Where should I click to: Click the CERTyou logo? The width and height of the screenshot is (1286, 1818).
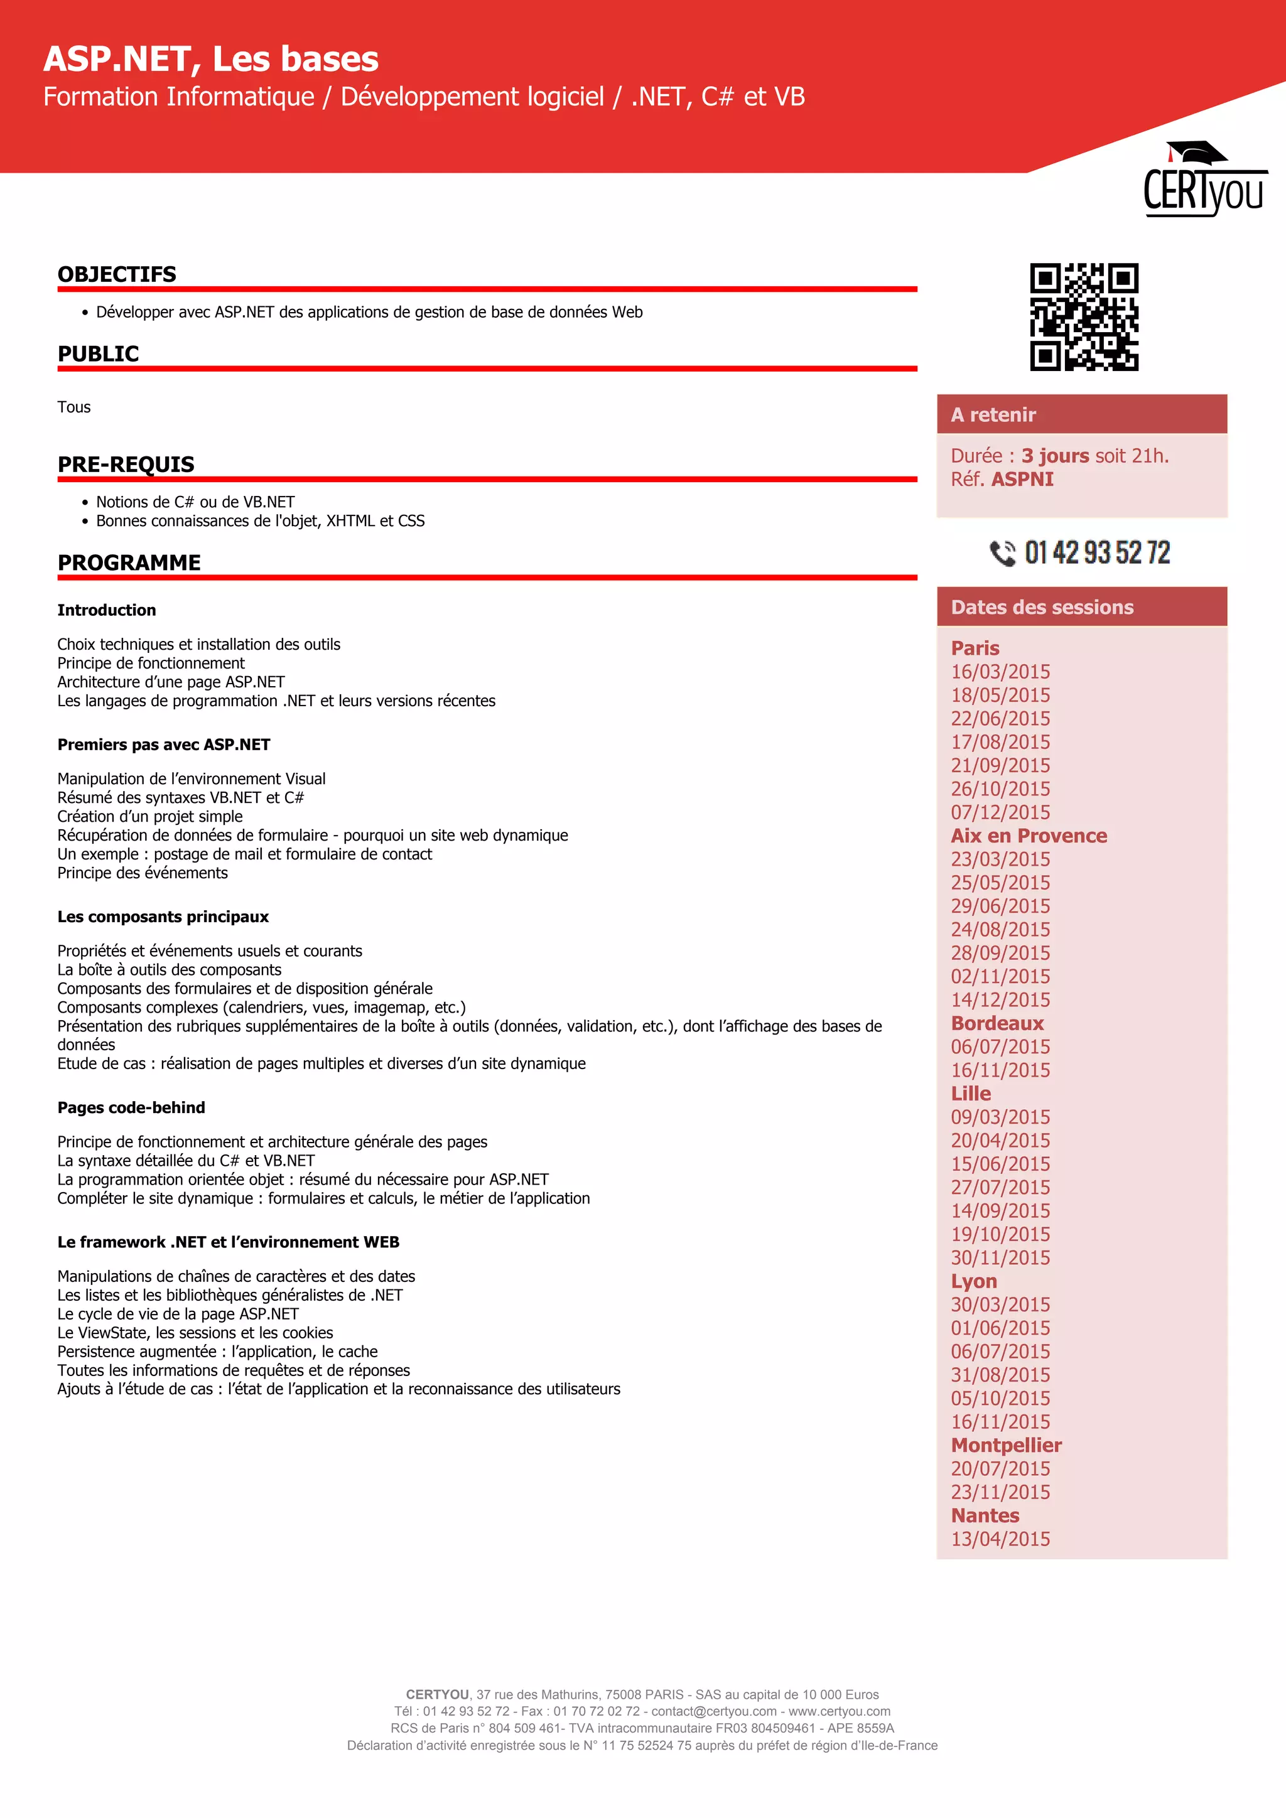(x=1204, y=181)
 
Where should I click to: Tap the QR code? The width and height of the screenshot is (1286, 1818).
(x=1084, y=317)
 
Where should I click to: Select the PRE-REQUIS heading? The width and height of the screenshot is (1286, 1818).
(x=126, y=464)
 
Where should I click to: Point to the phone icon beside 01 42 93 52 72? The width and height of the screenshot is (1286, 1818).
(x=1003, y=552)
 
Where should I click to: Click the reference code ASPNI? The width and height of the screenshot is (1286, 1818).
(x=1022, y=479)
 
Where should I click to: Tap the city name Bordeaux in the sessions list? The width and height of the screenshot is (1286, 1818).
(x=997, y=1023)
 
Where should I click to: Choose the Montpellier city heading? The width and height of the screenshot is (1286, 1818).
(x=1006, y=1445)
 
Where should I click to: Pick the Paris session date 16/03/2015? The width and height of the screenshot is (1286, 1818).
(x=1000, y=672)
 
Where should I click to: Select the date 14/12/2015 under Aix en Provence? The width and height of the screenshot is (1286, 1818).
(x=1000, y=999)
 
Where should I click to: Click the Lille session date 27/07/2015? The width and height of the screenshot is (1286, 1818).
(x=1000, y=1187)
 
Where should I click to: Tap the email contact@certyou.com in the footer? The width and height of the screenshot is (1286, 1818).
(x=713, y=1711)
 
